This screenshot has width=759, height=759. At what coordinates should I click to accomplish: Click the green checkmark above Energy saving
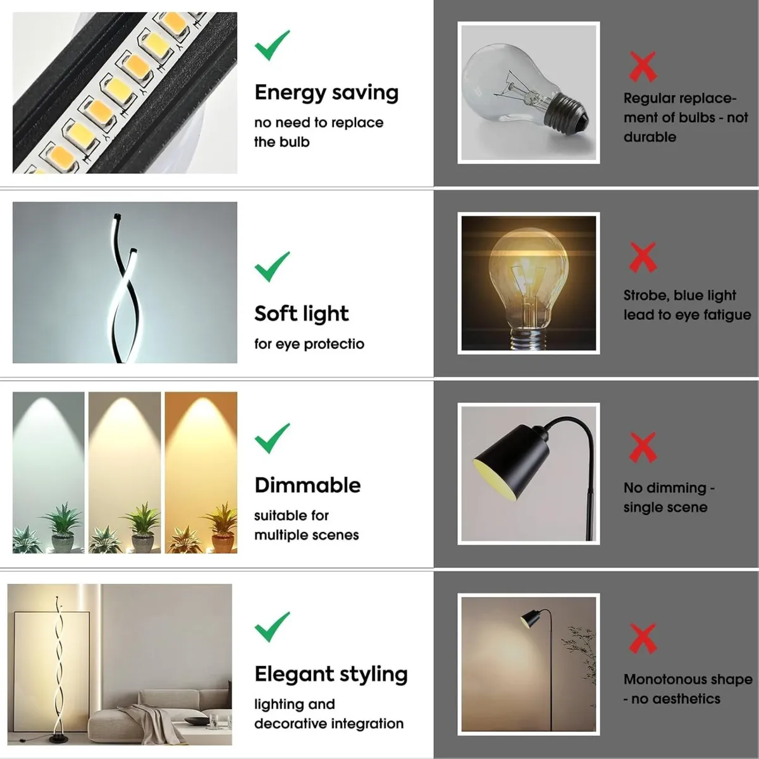click(272, 46)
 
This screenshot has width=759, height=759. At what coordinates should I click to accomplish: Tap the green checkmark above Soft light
click(272, 267)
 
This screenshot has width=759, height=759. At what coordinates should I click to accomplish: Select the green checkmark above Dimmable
click(272, 438)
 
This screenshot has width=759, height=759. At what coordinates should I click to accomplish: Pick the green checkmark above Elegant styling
click(272, 627)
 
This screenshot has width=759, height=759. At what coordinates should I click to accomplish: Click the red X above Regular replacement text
click(643, 67)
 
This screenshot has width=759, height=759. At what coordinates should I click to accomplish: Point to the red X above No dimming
click(643, 448)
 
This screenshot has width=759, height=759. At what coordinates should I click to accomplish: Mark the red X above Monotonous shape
click(643, 638)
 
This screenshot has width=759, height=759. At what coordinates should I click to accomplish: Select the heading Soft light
click(301, 314)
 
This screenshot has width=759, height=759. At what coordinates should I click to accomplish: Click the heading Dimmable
click(307, 485)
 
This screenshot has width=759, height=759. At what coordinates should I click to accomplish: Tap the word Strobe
click(645, 295)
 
